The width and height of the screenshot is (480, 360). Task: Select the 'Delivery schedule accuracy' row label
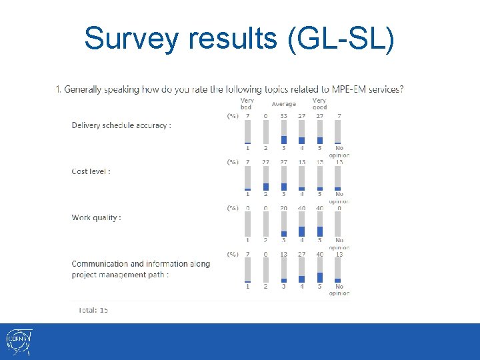(121, 125)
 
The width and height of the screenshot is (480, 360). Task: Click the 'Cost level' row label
(91, 171)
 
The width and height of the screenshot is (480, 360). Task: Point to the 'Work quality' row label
(97, 217)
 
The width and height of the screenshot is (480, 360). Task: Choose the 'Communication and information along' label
(141, 264)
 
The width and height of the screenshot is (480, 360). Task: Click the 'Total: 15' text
(93, 310)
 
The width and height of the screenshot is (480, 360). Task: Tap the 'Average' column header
(283, 104)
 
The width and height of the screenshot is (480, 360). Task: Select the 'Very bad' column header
(247, 104)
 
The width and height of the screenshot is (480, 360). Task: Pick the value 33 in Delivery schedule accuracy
(283, 116)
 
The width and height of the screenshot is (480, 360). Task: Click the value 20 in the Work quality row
(283, 208)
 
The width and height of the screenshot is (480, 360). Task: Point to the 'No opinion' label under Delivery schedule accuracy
(339, 152)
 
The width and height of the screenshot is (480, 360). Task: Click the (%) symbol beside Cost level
(232, 162)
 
